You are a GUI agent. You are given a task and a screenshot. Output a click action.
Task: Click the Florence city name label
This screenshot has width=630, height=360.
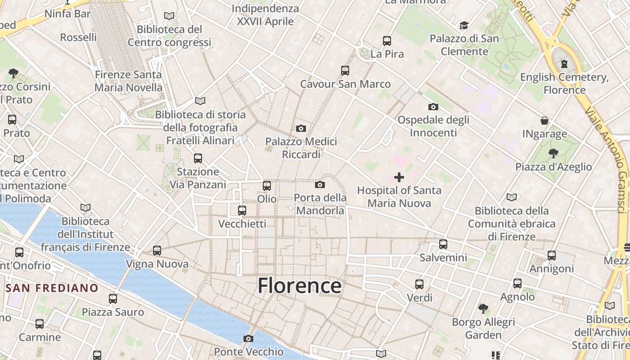click(299, 286)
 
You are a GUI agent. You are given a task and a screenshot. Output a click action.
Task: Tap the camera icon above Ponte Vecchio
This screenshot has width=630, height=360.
click(248, 338)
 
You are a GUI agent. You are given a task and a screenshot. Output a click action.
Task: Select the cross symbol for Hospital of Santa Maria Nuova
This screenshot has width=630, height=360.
click(399, 177)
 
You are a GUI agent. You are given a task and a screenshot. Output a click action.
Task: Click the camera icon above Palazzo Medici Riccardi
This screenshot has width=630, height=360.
click(301, 129)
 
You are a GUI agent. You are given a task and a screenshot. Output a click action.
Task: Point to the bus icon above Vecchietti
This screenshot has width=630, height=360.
click(242, 210)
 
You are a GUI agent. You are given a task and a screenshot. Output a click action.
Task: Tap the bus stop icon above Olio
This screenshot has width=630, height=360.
click(267, 185)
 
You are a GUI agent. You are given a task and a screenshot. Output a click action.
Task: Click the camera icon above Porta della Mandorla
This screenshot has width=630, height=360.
click(320, 184)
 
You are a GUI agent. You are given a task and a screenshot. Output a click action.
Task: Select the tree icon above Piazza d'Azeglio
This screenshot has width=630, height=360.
click(553, 153)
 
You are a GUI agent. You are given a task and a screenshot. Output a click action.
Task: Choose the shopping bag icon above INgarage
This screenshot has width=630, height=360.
click(544, 121)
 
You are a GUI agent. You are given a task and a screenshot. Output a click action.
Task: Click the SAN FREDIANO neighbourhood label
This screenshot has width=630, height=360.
click(52, 288)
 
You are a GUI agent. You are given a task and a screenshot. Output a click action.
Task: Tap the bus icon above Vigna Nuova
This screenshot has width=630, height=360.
click(157, 250)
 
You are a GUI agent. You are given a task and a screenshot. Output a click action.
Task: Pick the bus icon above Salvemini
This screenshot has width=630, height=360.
click(443, 244)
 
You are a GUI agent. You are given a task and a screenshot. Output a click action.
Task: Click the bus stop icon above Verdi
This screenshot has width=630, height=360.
click(419, 284)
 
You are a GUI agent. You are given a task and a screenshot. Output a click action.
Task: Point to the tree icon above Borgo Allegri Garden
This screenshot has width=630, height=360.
click(483, 309)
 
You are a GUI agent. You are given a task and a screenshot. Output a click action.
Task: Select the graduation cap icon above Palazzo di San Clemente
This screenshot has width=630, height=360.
click(464, 25)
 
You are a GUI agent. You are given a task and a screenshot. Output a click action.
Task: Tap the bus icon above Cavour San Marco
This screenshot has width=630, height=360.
click(345, 71)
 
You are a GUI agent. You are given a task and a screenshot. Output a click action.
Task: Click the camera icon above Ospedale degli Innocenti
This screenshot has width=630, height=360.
click(433, 107)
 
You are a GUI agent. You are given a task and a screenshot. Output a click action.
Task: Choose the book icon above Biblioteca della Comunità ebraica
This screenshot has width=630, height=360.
click(512, 197)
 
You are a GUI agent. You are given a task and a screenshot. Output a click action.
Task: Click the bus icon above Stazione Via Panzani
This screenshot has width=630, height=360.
click(198, 158)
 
